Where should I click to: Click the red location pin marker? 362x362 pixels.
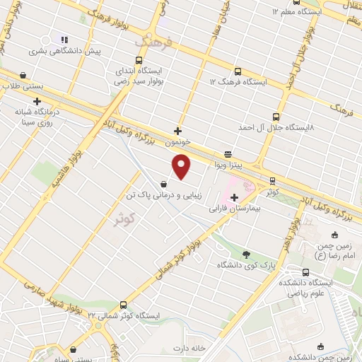pyautogui.click(x=182, y=167)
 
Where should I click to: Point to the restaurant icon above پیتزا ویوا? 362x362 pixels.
pyautogui.click(x=228, y=153)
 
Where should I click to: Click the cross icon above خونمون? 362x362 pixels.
pyautogui.click(x=177, y=131)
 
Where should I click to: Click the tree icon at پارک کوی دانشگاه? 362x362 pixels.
pyautogui.click(x=245, y=255)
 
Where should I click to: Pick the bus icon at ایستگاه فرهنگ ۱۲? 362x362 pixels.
pyautogui.click(x=236, y=71)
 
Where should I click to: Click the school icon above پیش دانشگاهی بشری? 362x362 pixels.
pyautogui.click(x=64, y=40)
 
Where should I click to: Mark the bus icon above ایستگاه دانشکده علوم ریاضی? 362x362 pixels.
pyautogui.click(x=305, y=272)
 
